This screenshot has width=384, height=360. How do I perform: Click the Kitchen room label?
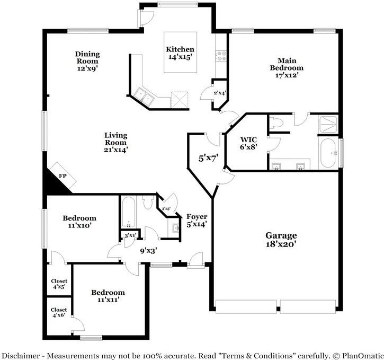tap(180, 49)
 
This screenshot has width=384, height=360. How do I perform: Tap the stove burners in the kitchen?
tap(221, 56)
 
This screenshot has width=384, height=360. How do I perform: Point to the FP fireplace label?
tap(62, 175)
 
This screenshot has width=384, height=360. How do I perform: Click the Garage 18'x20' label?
tap(281, 240)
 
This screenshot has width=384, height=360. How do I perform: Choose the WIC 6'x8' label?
tap(248, 143)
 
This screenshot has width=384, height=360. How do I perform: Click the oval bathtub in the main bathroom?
tap(328, 153)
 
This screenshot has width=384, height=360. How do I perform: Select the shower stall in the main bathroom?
tap(328, 125)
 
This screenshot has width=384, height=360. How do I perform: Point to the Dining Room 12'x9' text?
tap(87, 61)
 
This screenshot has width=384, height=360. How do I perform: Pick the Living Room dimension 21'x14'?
tap(116, 150)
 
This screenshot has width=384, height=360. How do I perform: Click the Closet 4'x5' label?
tap(59, 284)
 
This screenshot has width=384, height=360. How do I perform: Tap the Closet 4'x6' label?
tap(59, 312)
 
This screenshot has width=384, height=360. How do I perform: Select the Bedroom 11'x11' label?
tap(108, 296)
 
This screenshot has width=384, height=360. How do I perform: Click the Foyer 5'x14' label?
tap(197, 221)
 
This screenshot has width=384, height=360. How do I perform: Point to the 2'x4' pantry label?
tap(220, 93)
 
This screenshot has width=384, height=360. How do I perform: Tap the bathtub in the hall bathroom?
tap(129, 212)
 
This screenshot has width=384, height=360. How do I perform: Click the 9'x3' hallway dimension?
tap(148, 251)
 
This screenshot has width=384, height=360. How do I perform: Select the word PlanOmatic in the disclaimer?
tap(363, 356)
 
